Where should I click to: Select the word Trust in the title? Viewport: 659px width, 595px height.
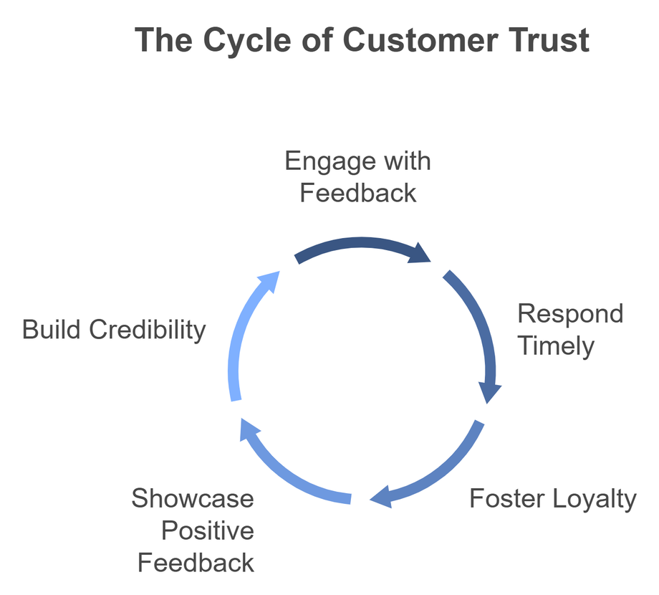click(x=550, y=41)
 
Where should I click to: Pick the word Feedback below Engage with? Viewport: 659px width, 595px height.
click(x=358, y=193)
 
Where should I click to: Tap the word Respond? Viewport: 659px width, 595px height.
click(x=570, y=314)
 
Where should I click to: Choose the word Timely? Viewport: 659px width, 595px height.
click(x=556, y=346)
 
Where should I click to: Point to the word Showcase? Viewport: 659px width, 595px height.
click(x=193, y=498)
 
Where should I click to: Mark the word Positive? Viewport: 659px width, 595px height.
click(x=208, y=531)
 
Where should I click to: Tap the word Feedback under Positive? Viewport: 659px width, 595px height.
click(x=196, y=563)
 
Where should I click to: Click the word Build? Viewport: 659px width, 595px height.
click(x=52, y=330)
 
